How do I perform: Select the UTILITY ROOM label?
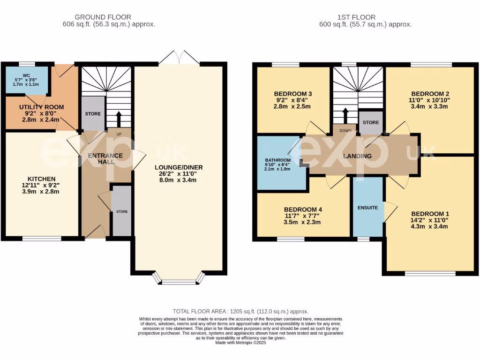coord(41,107)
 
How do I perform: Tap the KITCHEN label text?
coord(42,179)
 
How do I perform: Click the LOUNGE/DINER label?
coord(180,167)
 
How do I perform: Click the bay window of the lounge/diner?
coord(180,282)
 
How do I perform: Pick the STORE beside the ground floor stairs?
coord(93,114)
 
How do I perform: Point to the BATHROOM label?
coord(278,160)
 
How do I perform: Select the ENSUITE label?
coord(368,207)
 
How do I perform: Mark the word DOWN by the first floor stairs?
coord(345,131)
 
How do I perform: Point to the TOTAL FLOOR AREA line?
coord(240,311)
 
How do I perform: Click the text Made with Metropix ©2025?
coord(240,343)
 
